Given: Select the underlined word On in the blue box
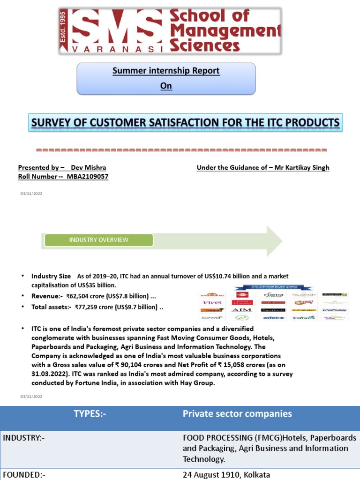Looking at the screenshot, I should click(166, 86).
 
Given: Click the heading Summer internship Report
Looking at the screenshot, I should click(166, 71).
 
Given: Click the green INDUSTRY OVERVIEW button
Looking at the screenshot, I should click(98, 240).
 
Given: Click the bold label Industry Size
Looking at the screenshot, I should click(51, 276).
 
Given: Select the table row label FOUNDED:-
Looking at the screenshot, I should click(24, 474).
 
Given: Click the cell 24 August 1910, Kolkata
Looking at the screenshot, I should click(226, 474).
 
